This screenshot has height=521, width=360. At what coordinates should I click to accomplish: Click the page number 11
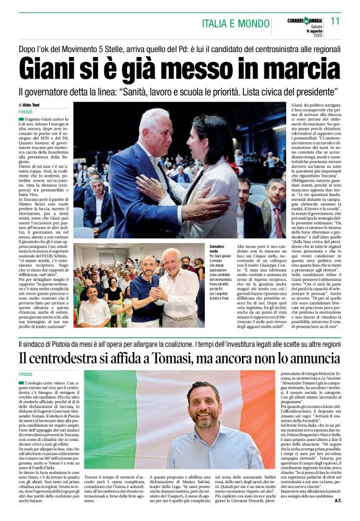pos(335,20)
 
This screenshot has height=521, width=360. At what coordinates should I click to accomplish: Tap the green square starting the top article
pos(21,118)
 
